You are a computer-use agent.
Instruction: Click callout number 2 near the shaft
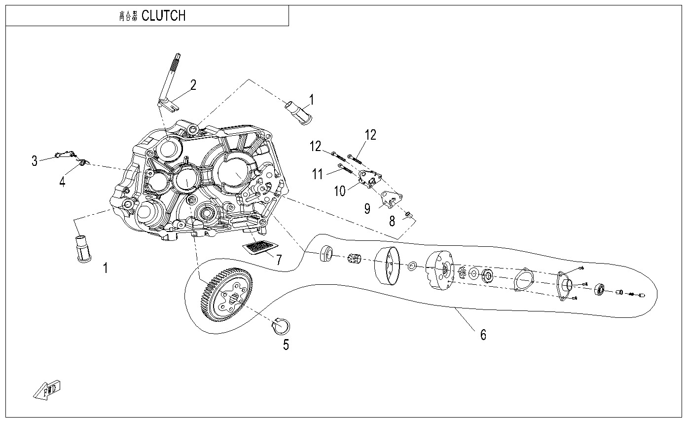[193, 85]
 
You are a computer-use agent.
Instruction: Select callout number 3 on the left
[35, 161]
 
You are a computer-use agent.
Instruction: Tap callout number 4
[62, 182]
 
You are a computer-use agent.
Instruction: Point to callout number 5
[286, 345]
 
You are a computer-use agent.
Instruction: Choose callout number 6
[483, 335]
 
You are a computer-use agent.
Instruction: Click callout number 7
[279, 260]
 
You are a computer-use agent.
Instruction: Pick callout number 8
[392, 221]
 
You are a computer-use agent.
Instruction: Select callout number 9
[367, 208]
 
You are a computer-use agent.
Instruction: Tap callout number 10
[340, 191]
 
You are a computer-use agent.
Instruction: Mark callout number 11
[318, 174]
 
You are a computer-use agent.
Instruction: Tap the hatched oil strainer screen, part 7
[260, 247]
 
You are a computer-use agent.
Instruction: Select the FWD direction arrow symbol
[47, 388]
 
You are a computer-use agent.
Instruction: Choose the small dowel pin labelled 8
[408, 214]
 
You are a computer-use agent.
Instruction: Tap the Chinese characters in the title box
[128, 16]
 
